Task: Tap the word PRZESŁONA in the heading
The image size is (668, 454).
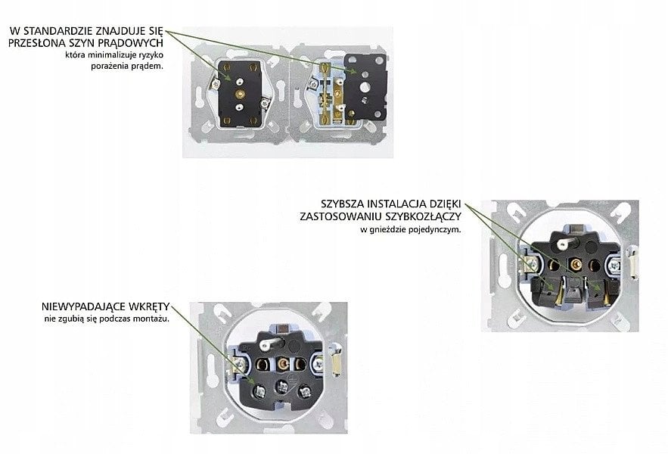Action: pyautogui.click(x=37, y=43)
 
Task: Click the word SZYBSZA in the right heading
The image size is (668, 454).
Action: pyautogui.click(x=343, y=204)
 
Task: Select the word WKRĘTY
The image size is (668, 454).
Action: pyautogui.click(x=148, y=306)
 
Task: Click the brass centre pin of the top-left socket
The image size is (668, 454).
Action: pyautogui.click(x=241, y=94)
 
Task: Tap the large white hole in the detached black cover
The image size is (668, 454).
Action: pyautogui.click(x=365, y=87)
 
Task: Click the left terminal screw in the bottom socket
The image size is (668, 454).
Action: pyautogui.click(x=259, y=390)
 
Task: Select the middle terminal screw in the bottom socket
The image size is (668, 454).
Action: pyautogui.click(x=282, y=387)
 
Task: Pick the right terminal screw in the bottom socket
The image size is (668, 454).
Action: pyautogui.click(x=304, y=391)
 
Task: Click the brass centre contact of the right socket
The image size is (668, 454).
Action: pyautogui.click(x=576, y=264)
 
